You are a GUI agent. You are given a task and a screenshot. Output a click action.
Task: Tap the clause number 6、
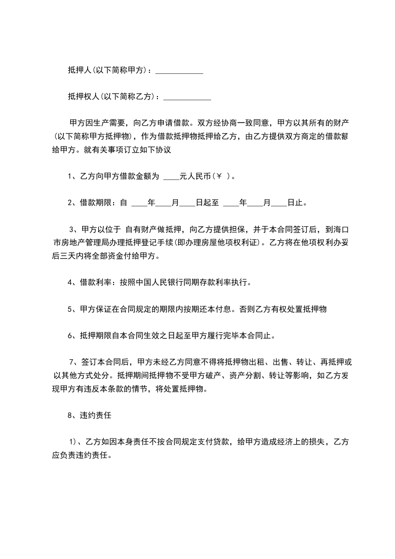pos(71,336)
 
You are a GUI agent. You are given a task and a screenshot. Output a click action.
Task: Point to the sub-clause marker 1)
pos(73,442)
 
